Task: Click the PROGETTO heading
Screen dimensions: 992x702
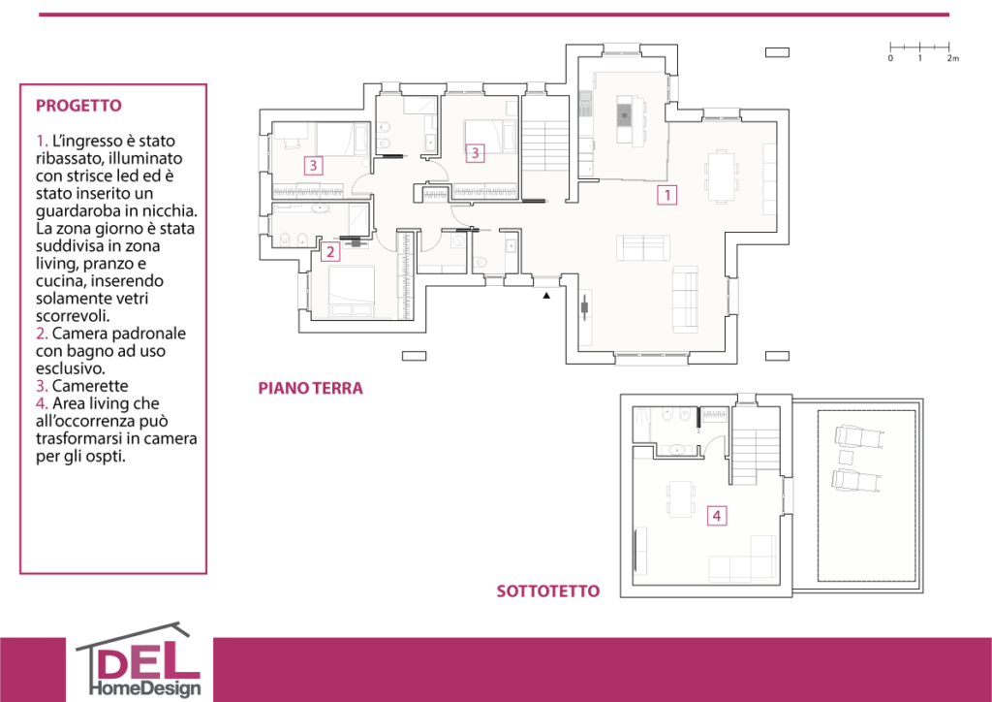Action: [x=78, y=105]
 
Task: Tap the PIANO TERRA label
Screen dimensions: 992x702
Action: [x=311, y=388]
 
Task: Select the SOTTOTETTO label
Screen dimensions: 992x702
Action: [x=548, y=591]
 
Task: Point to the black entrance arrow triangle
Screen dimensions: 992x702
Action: [x=546, y=295]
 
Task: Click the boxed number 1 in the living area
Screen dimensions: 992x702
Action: [x=666, y=195]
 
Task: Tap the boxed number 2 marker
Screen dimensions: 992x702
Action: [x=330, y=252]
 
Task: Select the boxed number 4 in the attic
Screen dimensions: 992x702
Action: [x=717, y=516]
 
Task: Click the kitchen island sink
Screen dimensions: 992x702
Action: [x=625, y=114]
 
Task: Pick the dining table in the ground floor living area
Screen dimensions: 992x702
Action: [x=721, y=175]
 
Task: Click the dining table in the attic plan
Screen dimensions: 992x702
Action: [x=680, y=498]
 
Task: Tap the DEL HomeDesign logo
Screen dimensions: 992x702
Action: [x=139, y=660]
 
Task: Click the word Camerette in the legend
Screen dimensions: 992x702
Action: [x=90, y=386]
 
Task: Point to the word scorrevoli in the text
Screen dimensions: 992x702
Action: [x=74, y=316]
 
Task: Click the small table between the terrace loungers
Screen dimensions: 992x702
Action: [x=847, y=457]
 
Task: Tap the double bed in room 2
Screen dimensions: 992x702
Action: [x=350, y=291]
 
